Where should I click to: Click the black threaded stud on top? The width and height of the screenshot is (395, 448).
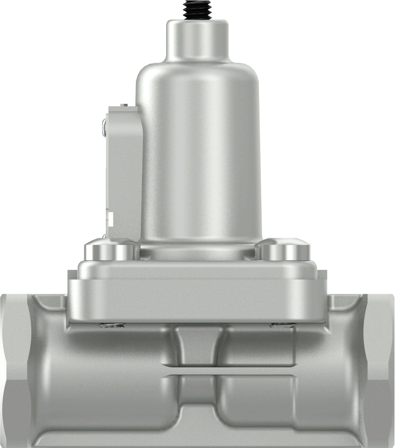(x=197, y=9)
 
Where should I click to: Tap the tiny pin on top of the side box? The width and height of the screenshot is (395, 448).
(x=124, y=104)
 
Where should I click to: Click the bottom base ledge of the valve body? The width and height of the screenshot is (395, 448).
(x=197, y=438)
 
